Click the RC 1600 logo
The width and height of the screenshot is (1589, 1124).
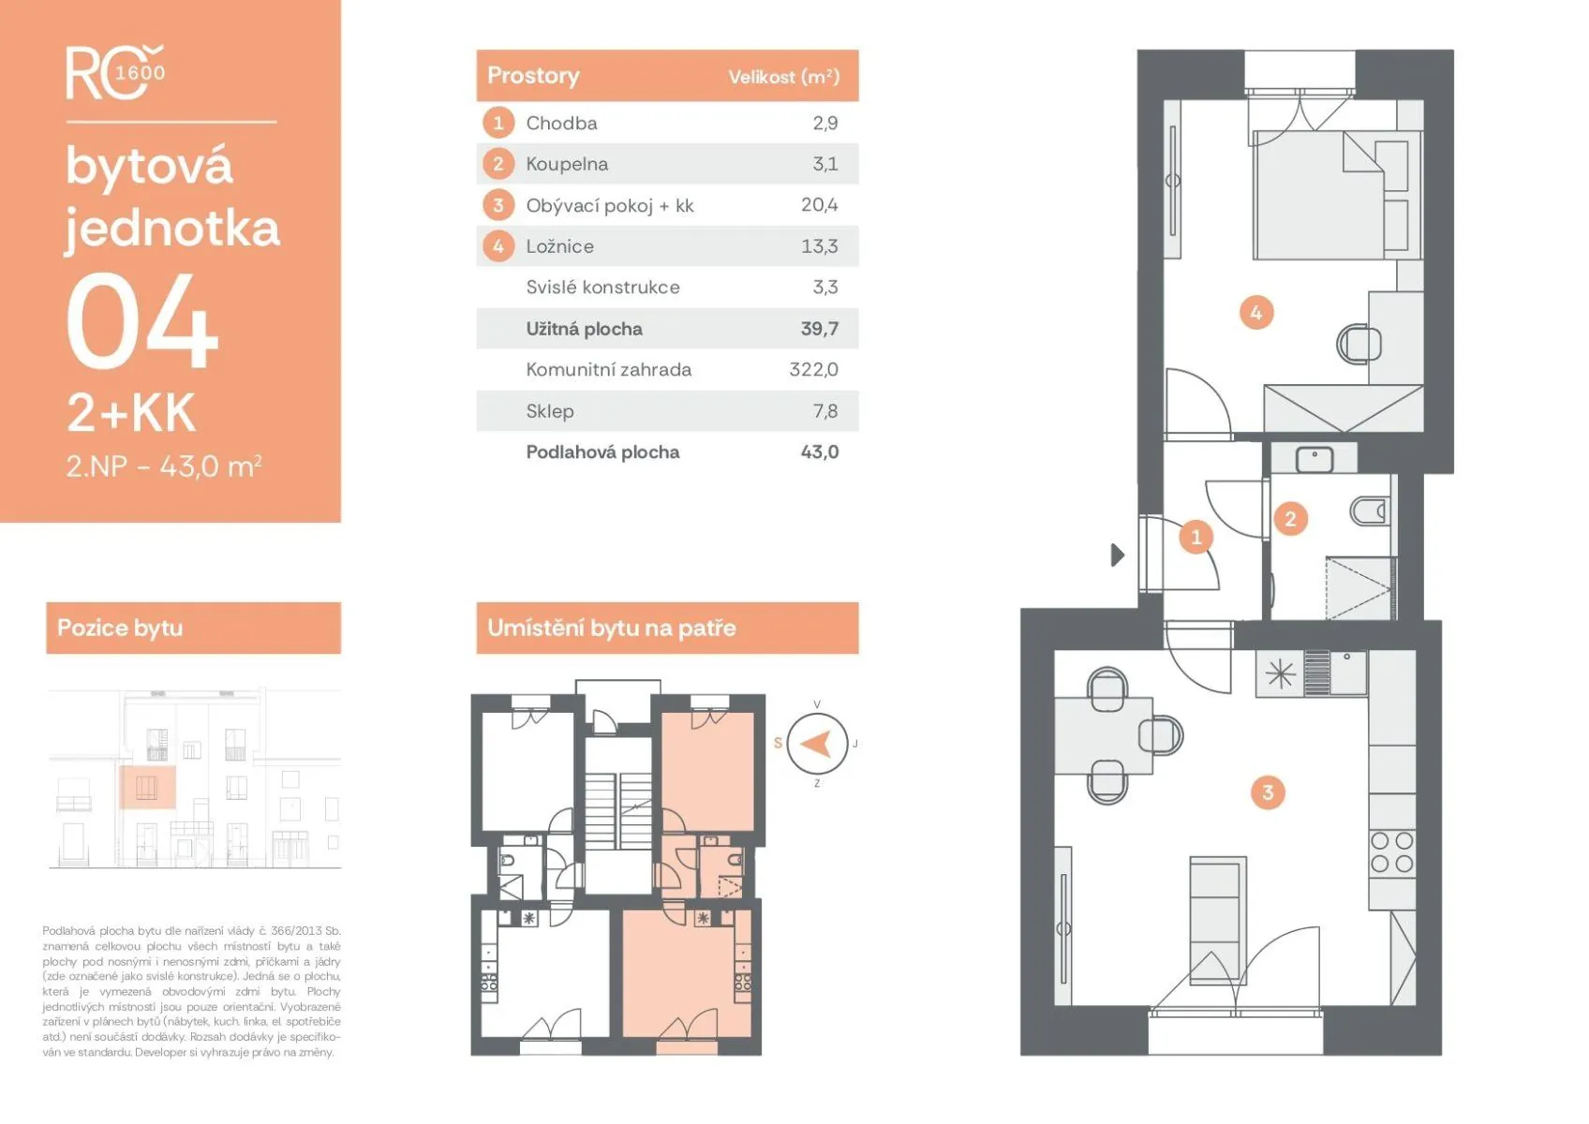click(115, 72)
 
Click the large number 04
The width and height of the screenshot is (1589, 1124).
click(141, 320)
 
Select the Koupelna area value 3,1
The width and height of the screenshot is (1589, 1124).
click(825, 164)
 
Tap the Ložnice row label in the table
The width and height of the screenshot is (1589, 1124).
click(559, 246)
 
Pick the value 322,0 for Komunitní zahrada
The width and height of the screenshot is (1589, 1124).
click(813, 369)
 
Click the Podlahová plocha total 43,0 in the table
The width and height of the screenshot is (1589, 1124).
click(819, 451)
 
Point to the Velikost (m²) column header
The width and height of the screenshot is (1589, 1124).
click(784, 77)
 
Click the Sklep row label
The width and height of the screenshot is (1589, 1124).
click(550, 411)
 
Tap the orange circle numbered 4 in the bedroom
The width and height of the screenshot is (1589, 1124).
click(1256, 313)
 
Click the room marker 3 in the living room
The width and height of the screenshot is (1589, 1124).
click(1268, 792)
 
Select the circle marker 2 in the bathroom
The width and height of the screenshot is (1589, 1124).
click(1290, 519)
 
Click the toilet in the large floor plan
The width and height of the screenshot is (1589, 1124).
click(1370, 510)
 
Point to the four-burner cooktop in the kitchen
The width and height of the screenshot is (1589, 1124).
click(1392, 851)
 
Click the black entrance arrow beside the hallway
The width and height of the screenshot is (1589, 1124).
click(1117, 555)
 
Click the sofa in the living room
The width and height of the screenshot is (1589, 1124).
click(1217, 921)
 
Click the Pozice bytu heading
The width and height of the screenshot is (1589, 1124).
click(120, 628)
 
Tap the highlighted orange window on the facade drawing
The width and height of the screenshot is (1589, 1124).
click(147, 787)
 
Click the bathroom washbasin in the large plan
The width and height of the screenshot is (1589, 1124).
click(1314, 460)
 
